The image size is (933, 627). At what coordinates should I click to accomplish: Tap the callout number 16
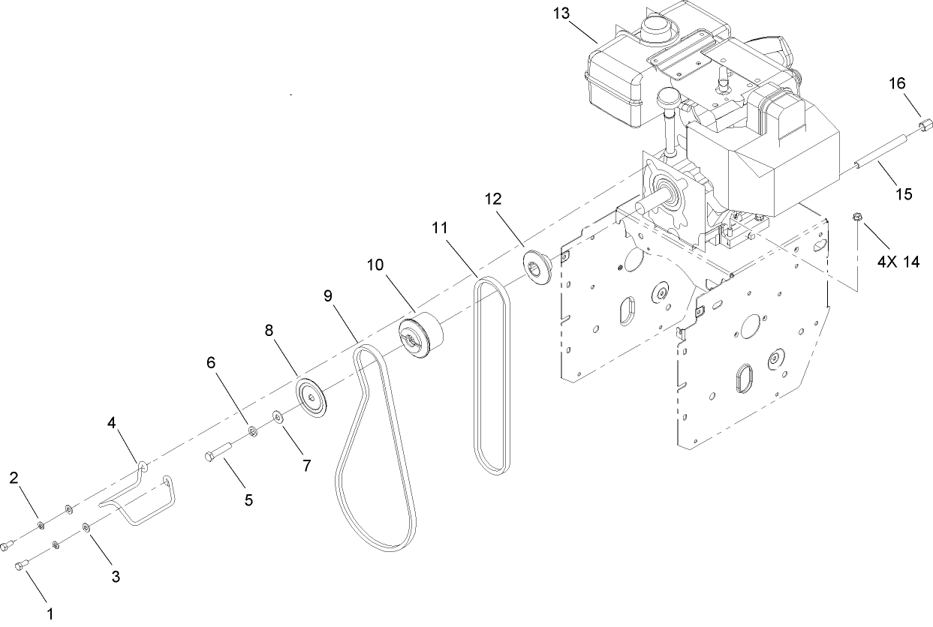[x=898, y=83]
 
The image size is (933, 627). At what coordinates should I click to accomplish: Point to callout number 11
[x=440, y=226]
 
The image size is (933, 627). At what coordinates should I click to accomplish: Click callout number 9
[x=327, y=295]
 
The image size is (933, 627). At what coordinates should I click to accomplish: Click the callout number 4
[x=111, y=422]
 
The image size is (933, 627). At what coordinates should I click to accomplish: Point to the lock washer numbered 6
[x=252, y=430]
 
